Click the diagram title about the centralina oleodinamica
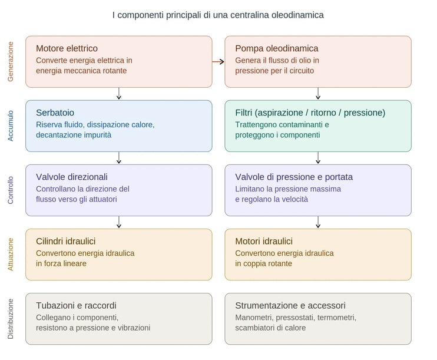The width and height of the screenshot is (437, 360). click(218, 15)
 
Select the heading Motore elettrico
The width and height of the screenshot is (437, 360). click(67, 48)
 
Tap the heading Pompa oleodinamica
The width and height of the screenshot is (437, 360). click(276, 48)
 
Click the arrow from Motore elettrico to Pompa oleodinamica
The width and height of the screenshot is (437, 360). click(218, 61)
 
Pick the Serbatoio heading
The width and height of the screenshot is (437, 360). click(55, 113)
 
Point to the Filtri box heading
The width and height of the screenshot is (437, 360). click(310, 113)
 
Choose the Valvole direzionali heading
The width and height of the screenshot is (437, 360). click(71, 177)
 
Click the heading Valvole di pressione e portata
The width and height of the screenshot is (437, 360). click(294, 177)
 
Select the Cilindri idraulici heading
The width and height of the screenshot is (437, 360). click(65, 241)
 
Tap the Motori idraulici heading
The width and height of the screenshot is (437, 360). click(263, 241)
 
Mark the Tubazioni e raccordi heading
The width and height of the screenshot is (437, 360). click(76, 305)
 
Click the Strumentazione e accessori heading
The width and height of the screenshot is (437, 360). click(290, 305)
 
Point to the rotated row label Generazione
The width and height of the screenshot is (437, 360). click(11, 61)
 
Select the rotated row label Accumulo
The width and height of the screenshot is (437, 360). click(11, 125)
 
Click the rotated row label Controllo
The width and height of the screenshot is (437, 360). click(11, 190)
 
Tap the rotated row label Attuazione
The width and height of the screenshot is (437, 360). click(11, 254)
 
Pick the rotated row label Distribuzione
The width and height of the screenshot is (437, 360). click(11, 318)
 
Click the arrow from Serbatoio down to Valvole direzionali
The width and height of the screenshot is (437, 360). click(119, 157)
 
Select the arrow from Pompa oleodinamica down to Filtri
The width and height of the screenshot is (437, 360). click(318, 93)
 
